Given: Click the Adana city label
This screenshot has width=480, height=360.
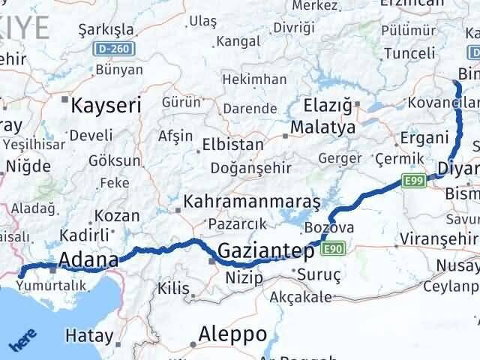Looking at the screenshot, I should (x=88, y=260).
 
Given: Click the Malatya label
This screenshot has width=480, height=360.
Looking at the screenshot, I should (x=324, y=127).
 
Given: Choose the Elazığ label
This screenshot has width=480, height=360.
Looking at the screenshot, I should (x=328, y=105).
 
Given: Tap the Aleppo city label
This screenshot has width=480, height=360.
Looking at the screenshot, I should (x=232, y=333).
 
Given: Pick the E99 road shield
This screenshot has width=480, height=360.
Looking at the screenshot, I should (x=413, y=181).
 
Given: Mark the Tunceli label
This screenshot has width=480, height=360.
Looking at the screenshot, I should (x=409, y=53).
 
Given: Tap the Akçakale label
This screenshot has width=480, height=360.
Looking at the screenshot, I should (x=300, y=296).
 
